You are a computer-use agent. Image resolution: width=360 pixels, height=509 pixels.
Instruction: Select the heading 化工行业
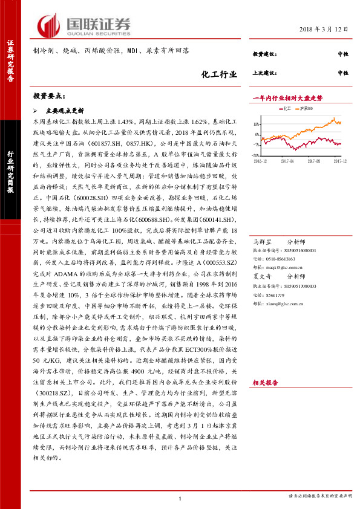coord(217,74)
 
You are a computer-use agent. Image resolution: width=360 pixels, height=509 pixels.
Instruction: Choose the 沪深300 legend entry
coord(306,108)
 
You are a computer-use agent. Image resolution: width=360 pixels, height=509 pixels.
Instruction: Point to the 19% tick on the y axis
coord(257,123)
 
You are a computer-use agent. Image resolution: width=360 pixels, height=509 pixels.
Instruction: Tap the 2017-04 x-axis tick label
coord(287,161)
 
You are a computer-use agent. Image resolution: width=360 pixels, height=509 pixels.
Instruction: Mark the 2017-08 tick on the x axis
coord(313,161)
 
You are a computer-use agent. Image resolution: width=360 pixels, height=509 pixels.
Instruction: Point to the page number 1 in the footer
coord(180,498)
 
